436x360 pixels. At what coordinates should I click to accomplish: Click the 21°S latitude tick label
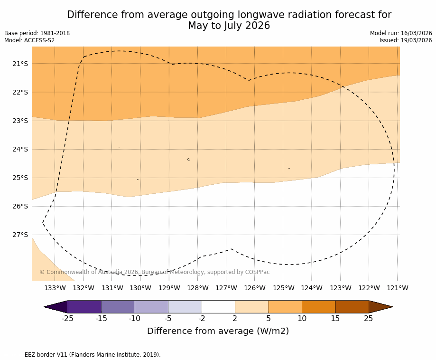pos(20,64)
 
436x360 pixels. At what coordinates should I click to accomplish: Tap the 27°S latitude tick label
pos(20,235)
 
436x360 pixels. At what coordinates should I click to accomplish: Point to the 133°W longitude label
pos(55,288)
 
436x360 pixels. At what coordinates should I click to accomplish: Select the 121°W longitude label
pos(398,288)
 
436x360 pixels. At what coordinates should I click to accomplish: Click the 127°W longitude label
pos(226,288)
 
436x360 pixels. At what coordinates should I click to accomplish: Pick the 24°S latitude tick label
pos(20,149)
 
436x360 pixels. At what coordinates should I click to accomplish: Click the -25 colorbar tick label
pos(68,319)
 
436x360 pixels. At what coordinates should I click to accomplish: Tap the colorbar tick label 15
pos(335,319)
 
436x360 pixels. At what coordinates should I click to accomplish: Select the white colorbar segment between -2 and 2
pos(218,307)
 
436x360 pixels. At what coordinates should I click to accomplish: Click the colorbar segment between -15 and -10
pos(118,307)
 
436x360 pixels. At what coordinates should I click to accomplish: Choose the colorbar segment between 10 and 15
pos(318,307)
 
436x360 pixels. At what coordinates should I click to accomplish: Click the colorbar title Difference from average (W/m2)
pos(218,331)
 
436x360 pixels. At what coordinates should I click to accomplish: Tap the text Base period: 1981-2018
pos(37,33)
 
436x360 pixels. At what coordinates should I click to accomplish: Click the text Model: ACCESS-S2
pos(29,40)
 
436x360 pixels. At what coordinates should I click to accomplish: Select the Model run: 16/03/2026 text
pos(401,33)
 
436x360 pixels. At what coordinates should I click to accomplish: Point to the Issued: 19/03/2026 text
pos(406,40)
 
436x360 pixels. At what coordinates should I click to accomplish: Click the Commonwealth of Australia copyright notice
pos(154,272)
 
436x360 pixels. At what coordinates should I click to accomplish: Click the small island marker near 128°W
pos(188,160)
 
